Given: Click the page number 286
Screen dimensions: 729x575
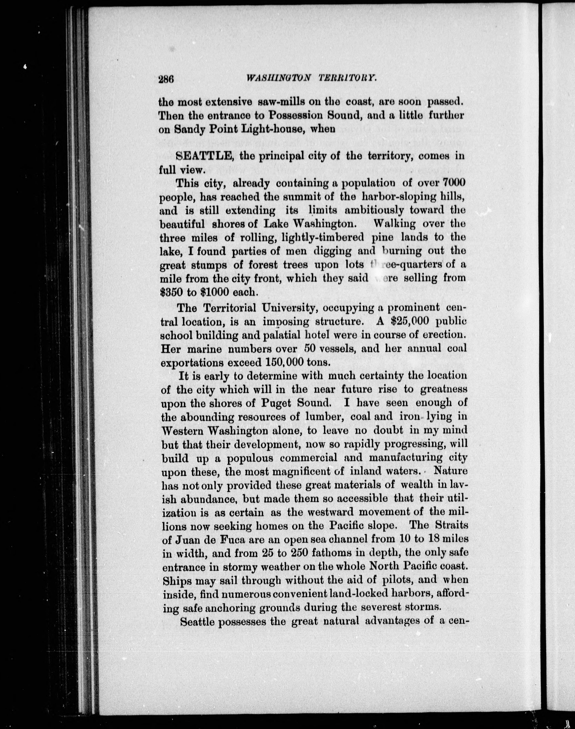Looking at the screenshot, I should tap(166, 79).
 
